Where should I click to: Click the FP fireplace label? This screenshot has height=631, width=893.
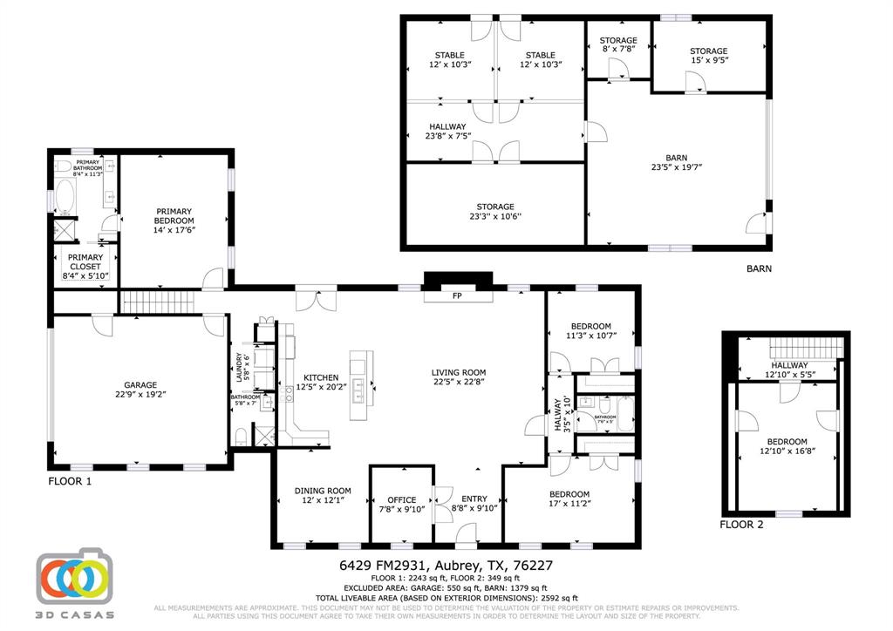pyautogui.click(x=458, y=296)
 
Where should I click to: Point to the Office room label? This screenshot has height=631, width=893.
pyautogui.click(x=401, y=500)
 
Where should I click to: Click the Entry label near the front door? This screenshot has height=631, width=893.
pyautogui.click(x=474, y=499)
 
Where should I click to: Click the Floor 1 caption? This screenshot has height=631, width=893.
pyautogui.click(x=70, y=480)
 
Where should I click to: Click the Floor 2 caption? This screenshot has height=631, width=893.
pyautogui.click(x=741, y=525)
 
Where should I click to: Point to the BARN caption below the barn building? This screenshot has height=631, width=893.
pyautogui.click(x=759, y=269)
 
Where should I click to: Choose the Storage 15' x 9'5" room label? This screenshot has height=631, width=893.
pyautogui.click(x=708, y=56)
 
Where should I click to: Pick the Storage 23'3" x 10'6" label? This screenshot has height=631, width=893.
pyautogui.click(x=494, y=212)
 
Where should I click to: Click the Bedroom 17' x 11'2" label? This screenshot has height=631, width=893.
pyautogui.click(x=569, y=499)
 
